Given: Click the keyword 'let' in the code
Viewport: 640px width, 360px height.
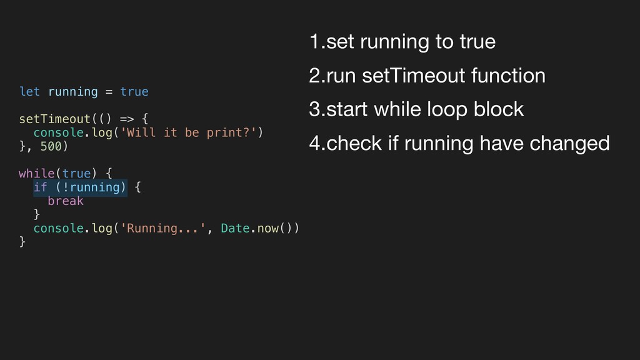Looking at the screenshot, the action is [29, 92].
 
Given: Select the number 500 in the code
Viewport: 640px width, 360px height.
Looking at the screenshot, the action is [51, 147].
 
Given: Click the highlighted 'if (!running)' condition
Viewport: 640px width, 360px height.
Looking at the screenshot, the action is [80, 187].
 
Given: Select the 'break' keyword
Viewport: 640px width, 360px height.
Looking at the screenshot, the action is [65, 201].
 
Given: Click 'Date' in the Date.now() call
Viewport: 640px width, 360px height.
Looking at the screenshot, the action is [236, 228].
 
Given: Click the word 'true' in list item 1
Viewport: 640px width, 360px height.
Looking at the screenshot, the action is [477, 42].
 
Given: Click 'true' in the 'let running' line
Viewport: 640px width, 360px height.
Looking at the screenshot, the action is [134, 92].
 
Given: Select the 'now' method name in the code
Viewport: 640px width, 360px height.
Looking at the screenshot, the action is [267, 228].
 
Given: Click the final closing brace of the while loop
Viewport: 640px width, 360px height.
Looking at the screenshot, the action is [22, 242].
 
